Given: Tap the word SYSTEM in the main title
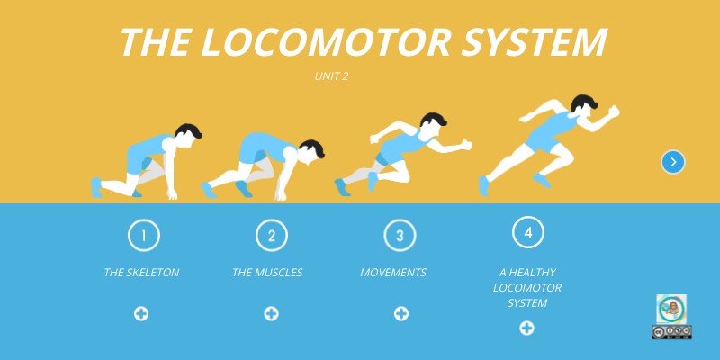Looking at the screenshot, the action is click(534, 41).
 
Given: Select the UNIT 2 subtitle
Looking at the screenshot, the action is click(331, 76).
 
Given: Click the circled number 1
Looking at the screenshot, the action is click(144, 236).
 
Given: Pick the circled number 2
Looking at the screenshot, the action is click(272, 236).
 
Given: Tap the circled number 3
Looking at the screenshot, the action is click(400, 236).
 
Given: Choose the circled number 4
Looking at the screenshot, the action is click(528, 232).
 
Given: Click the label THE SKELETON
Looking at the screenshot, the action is click(141, 273).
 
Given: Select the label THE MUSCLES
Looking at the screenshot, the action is click(267, 273).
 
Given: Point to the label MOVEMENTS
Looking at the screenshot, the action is click(393, 273).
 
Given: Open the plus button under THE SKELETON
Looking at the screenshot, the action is click(141, 314).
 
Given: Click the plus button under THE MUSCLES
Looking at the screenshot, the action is click(272, 314).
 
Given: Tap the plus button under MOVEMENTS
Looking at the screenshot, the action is click(401, 314).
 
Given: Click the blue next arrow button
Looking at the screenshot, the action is click(673, 162).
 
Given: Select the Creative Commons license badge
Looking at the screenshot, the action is click(671, 332).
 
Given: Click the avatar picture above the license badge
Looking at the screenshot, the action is click(671, 309).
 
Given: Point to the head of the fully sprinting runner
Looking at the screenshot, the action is click(584, 104).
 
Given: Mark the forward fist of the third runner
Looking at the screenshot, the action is click(466, 145).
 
